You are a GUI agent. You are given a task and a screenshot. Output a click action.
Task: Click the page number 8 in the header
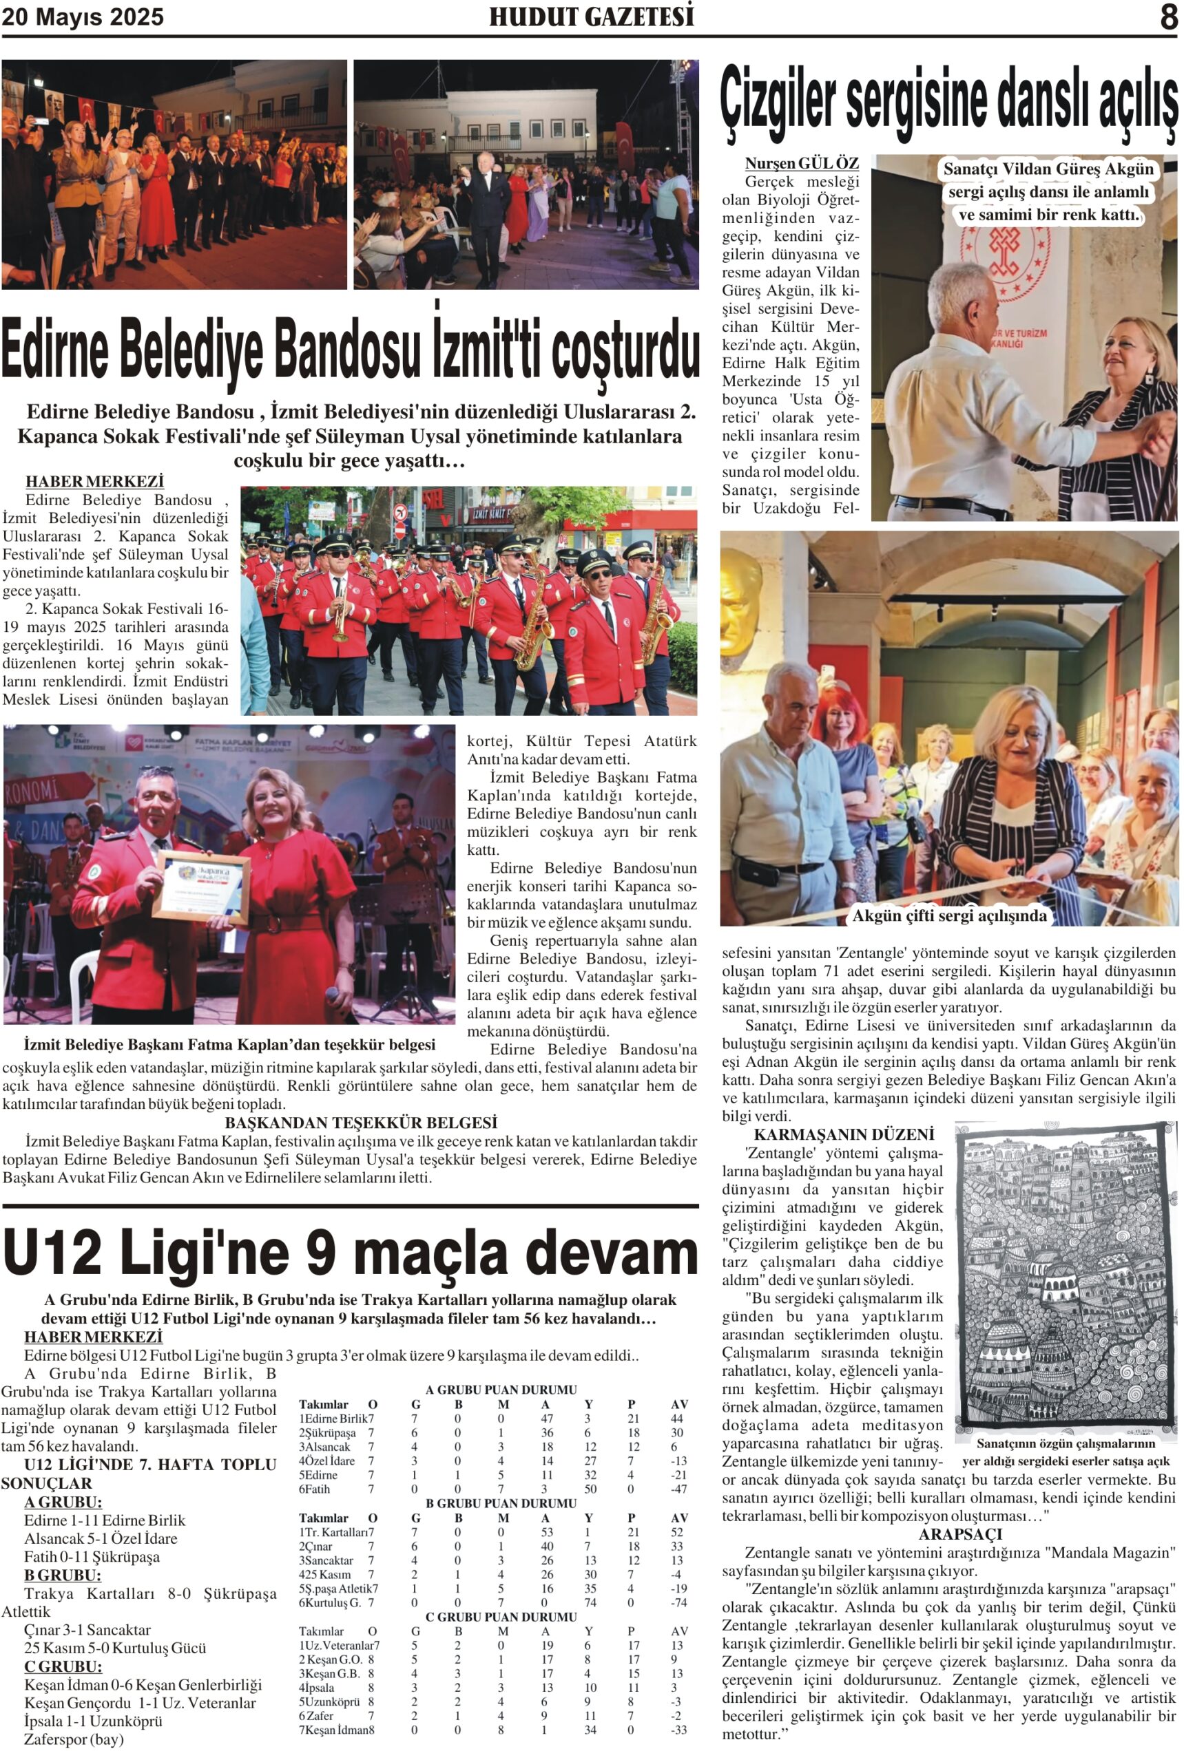tap(1167, 17)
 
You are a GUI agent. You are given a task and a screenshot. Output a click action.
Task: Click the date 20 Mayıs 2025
tap(83, 17)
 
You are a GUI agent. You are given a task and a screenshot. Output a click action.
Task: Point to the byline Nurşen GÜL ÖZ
tap(801, 163)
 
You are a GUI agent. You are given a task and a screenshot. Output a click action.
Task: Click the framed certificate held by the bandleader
tap(202, 890)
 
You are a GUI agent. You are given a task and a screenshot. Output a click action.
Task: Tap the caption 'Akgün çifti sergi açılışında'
tap(949, 915)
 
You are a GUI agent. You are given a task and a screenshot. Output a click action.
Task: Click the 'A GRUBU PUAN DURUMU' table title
tap(501, 1389)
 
